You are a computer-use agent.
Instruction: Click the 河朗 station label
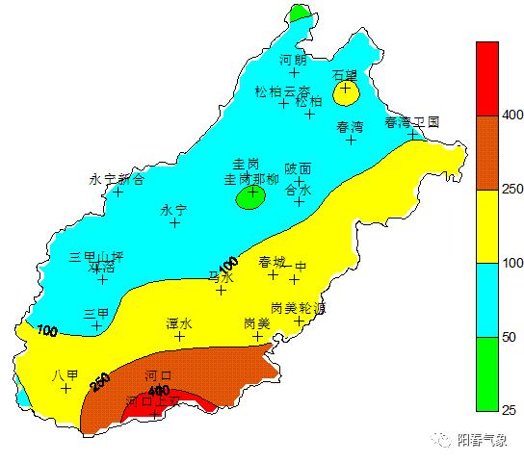point(294,60)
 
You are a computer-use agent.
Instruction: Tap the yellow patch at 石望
point(345,90)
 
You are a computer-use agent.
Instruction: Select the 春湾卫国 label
point(412,122)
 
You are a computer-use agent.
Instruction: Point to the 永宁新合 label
point(117,178)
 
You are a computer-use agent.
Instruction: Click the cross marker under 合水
point(300,201)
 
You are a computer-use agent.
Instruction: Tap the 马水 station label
point(221,277)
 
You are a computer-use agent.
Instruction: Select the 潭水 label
point(179,323)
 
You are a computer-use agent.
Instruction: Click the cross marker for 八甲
point(66,388)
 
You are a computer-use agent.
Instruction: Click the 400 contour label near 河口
point(159,390)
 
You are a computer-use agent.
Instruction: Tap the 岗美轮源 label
point(298,308)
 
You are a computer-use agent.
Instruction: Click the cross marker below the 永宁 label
point(174,222)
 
